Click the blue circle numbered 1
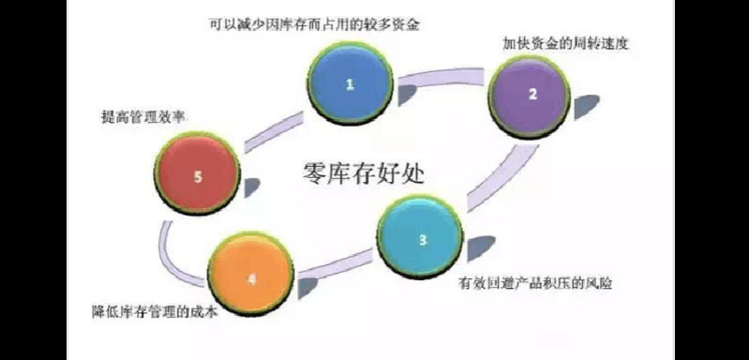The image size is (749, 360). tap(350, 84)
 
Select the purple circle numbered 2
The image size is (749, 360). tap(530, 95)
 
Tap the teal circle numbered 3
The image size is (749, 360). tap(420, 237)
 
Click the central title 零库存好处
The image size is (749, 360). tap(364, 172)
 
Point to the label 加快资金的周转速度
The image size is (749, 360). tap(565, 44)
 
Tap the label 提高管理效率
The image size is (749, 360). tap(142, 117)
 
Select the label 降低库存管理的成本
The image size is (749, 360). tap(155, 312)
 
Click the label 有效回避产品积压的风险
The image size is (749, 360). tap(535, 283)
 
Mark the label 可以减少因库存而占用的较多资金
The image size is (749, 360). tap(314, 23)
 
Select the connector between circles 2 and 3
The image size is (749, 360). tap(501, 177)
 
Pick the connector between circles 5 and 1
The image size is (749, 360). tap(273, 132)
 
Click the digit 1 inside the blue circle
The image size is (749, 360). tap(350, 84)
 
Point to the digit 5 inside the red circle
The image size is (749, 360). tap(198, 177)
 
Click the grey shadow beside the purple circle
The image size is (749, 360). tap(586, 106)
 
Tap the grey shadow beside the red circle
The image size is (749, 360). tap(251, 187)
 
